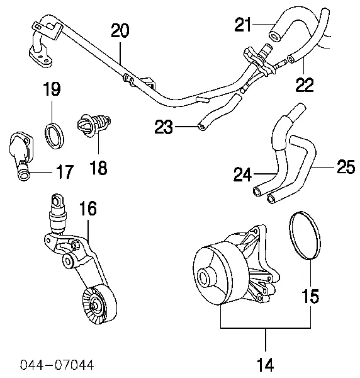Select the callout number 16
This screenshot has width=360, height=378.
pyautogui.click(x=87, y=210)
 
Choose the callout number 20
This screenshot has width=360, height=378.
pyautogui.click(x=122, y=30)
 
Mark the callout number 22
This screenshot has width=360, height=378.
pyautogui.click(x=305, y=84)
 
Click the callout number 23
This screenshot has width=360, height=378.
pyautogui.click(x=164, y=128)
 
